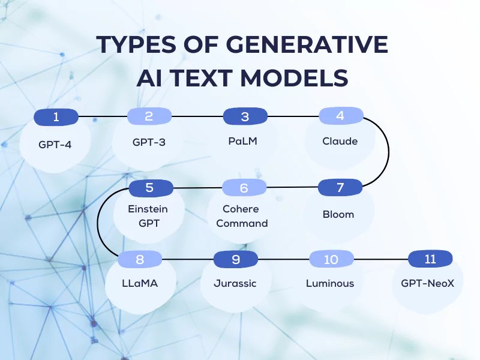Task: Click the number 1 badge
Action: pos(56,117)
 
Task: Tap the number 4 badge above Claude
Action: pos(341,116)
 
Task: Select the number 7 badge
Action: pos(340,187)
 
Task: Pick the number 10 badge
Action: pos(332,259)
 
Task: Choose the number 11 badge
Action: pos(430,259)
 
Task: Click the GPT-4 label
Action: pos(55,145)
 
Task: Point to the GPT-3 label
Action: pos(149,142)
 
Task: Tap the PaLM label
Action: pos(243,141)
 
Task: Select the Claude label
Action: pos(340,141)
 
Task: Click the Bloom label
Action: pos(338,214)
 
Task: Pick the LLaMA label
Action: pos(140,283)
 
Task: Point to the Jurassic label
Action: pos(235,283)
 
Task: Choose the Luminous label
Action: pos(330,283)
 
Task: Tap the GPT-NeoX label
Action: pos(428,283)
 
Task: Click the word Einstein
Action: pos(148,209)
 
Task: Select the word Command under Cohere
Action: pos(242,223)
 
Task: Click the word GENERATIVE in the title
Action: pos(307,44)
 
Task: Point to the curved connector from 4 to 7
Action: pos(388,152)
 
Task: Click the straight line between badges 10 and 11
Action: pos(381,259)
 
